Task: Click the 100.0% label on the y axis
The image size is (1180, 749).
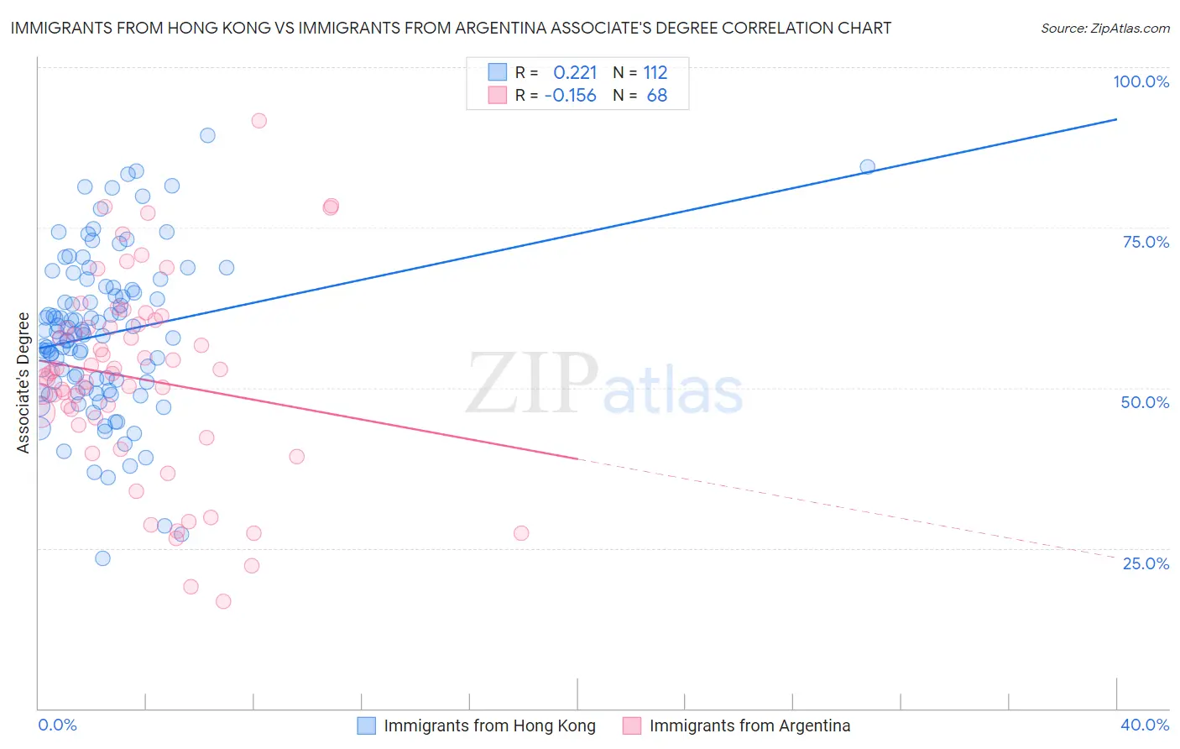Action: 1141,81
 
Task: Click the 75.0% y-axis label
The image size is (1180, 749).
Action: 1146,242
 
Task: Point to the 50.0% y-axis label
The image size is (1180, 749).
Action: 1145,402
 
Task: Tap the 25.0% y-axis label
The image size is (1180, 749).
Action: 1146,563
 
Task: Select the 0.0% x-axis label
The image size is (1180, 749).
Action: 57,725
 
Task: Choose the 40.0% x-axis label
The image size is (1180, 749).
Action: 1145,725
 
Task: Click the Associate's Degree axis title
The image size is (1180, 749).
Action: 23,383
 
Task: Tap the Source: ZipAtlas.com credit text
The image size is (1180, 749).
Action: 1104,28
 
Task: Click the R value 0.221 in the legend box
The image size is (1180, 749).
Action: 575,73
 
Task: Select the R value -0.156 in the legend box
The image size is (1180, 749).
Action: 570,96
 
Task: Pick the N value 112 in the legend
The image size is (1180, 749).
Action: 655,73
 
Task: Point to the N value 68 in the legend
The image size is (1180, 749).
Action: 657,96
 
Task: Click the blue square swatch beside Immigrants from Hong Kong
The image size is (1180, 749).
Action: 367,725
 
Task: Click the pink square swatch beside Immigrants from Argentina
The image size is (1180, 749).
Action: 632,725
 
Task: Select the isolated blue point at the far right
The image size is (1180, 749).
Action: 867,167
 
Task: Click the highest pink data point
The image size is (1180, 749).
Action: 258,121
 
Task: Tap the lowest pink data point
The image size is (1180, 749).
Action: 223,601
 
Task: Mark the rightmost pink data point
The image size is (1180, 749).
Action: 521,533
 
